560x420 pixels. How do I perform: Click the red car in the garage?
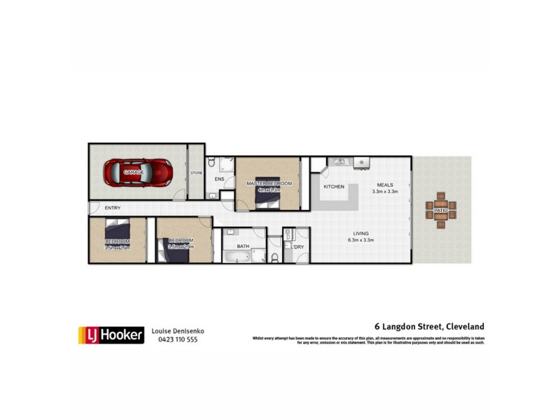click(138, 171)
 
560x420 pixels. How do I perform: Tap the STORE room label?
click(196, 172)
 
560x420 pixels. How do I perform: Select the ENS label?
click(219, 180)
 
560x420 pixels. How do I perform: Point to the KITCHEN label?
click(334, 187)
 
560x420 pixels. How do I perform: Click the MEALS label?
click(385, 185)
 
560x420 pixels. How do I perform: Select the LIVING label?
click(361, 234)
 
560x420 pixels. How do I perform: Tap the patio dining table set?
click(441, 210)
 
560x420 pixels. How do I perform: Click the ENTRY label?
click(113, 208)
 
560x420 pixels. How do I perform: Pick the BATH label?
click(243, 246)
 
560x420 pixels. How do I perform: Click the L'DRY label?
click(298, 246)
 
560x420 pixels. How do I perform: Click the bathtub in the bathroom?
click(237, 257)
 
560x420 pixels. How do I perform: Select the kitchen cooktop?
click(362, 162)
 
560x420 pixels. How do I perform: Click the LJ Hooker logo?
click(110, 335)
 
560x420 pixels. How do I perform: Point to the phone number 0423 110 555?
click(178, 339)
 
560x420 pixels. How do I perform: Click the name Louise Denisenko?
click(178, 331)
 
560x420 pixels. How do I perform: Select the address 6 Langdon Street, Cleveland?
click(428, 326)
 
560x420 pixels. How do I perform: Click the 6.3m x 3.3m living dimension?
click(361, 241)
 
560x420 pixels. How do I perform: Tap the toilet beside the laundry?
click(275, 257)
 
